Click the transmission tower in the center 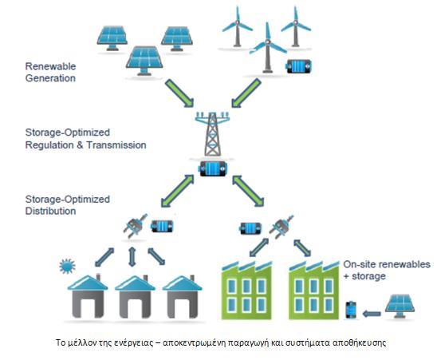pos(213,134)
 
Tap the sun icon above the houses pos(67,266)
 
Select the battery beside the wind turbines pos(298,66)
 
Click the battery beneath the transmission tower pos(213,168)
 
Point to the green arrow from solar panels pos(179,93)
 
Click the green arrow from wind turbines pos(246,93)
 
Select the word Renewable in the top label pos(50,66)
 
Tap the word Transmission pos(116,145)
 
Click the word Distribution pos(50,211)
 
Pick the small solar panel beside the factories pos(400,306)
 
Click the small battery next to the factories pos(351,310)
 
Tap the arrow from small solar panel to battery pos(372,313)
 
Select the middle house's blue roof pos(136,283)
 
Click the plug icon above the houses pos(135,226)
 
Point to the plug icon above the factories pos(282,226)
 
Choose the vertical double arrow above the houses pos(132,257)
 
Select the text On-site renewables pos(387,264)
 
